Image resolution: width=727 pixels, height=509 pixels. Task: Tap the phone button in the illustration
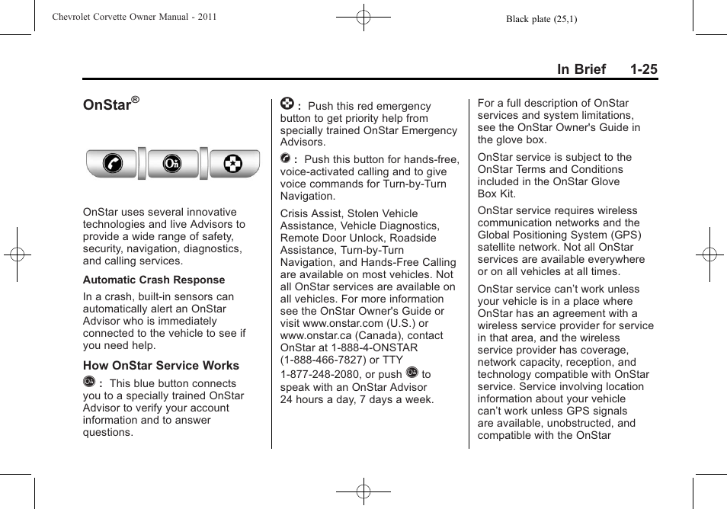(111, 164)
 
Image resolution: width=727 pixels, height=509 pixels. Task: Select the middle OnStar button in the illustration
(172, 164)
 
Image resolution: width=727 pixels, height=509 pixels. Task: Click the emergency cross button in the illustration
(234, 164)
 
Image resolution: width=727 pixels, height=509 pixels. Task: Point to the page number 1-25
(643, 69)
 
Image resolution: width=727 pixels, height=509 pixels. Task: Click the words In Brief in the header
(581, 69)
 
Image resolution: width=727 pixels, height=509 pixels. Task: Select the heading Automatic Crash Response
(154, 280)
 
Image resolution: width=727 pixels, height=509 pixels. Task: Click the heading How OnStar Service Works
(161, 366)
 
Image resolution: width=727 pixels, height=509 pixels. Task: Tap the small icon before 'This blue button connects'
(89, 383)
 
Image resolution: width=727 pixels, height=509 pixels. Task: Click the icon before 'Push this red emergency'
(287, 104)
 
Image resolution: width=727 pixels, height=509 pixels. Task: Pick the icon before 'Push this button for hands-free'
(285, 158)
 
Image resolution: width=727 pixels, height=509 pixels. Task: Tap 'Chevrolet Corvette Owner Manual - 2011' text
(134, 17)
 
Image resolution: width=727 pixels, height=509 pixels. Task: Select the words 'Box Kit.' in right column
(497, 194)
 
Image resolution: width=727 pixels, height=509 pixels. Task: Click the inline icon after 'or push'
(412, 373)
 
